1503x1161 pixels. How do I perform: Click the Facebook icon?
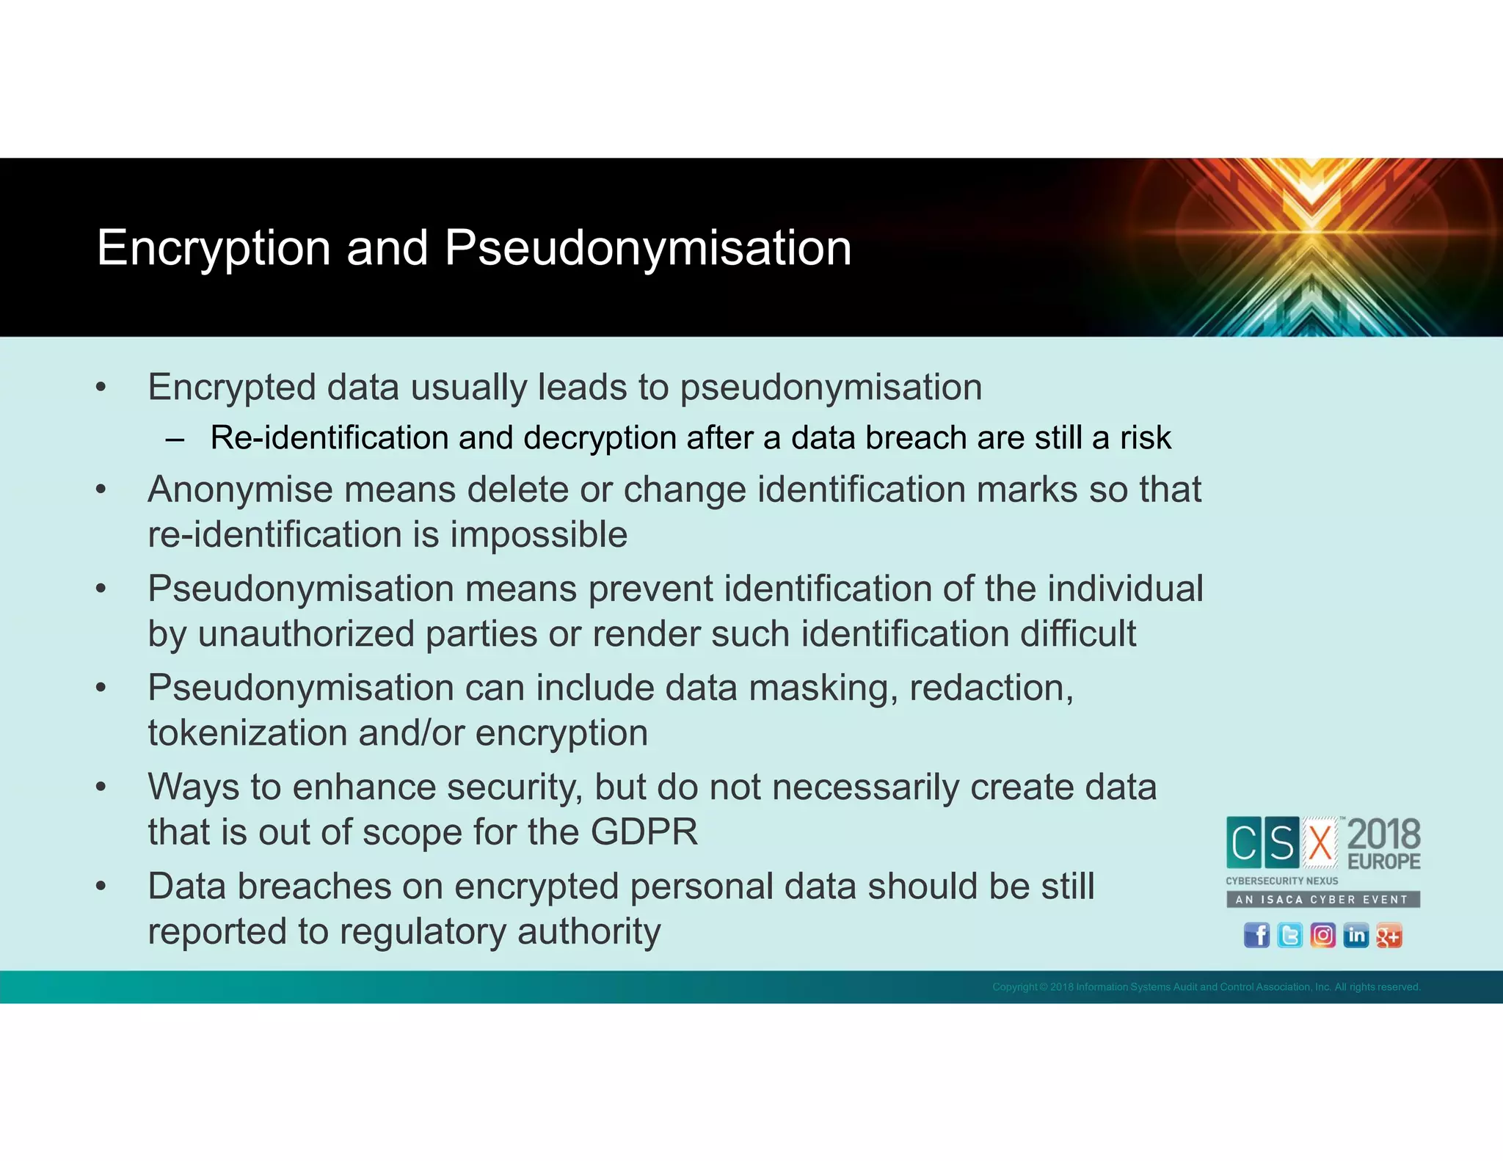point(1256,936)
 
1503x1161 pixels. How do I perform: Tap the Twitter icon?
point(1289,936)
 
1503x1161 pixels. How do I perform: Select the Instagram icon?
point(1322,936)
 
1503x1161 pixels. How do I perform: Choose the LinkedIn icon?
point(1355,936)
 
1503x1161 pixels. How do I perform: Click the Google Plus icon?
point(1389,936)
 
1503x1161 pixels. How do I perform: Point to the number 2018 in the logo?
point(1384,834)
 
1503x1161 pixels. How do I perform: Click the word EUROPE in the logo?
point(1384,861)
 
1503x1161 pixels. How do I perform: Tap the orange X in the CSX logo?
point(1320,842)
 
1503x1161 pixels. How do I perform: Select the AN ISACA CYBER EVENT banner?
point(1322,899)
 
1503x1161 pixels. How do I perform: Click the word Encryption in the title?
point(214,248)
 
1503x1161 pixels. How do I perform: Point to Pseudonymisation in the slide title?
point(647,248)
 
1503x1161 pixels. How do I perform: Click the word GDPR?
point(644,832)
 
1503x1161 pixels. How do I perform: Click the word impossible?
point(539,534)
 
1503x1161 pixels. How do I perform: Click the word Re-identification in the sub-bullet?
point(329,437)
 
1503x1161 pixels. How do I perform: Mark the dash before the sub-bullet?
point(175,440)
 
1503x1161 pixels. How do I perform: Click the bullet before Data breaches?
point(101,887)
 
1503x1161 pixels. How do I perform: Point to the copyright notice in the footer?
point(1206,987)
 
